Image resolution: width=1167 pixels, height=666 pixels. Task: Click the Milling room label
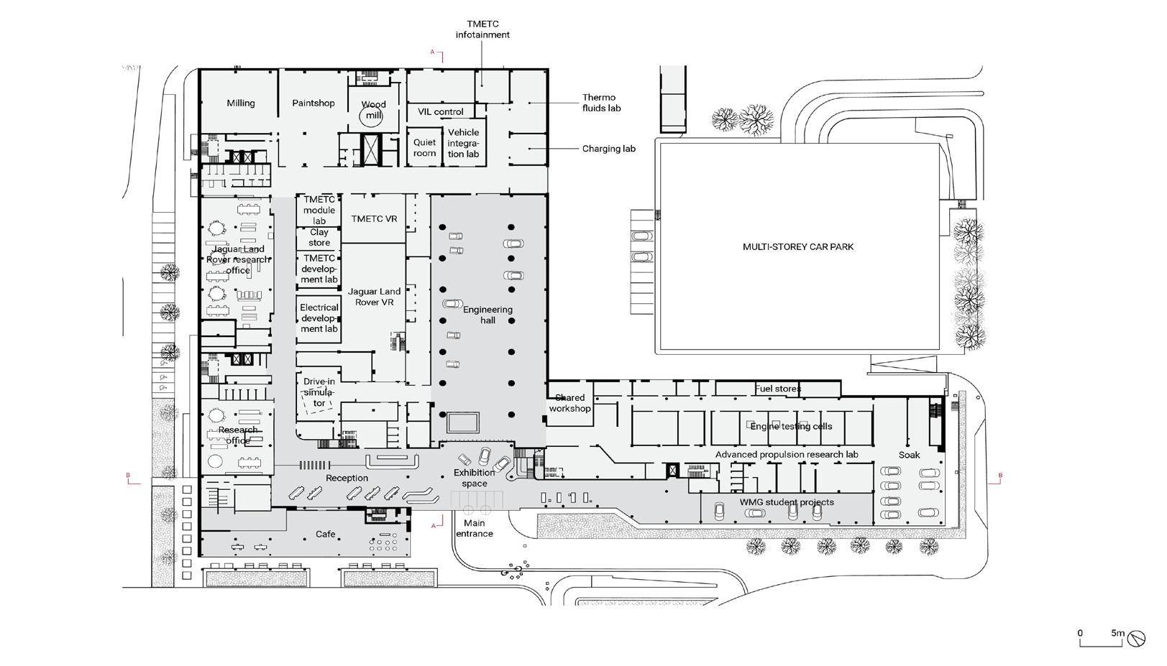241,103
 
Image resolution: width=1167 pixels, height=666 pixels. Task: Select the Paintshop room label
314,103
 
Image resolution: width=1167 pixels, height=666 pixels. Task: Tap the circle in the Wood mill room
373,115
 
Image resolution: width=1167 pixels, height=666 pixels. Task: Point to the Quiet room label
424,148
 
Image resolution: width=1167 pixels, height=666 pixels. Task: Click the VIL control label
441,112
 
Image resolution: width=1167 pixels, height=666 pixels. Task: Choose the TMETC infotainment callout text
482,29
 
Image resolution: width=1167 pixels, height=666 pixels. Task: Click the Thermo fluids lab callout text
601,103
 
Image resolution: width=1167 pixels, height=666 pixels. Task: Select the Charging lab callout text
608,149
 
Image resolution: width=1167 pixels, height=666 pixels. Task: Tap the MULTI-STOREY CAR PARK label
798,247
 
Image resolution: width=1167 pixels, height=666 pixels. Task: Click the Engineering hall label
488,315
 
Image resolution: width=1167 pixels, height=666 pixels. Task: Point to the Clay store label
319,238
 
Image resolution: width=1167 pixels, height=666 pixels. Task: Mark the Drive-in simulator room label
319,392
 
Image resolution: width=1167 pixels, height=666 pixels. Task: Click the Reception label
347,478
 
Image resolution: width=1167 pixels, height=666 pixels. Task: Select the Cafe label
326,535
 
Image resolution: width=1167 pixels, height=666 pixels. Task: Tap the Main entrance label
475,529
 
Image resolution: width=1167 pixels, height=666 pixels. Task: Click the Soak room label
909,455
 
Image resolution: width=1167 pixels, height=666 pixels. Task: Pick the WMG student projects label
787,502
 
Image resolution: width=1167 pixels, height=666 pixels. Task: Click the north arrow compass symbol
1137,638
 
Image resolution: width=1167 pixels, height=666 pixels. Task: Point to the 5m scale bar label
1117,633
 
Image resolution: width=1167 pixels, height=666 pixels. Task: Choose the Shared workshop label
570,403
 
